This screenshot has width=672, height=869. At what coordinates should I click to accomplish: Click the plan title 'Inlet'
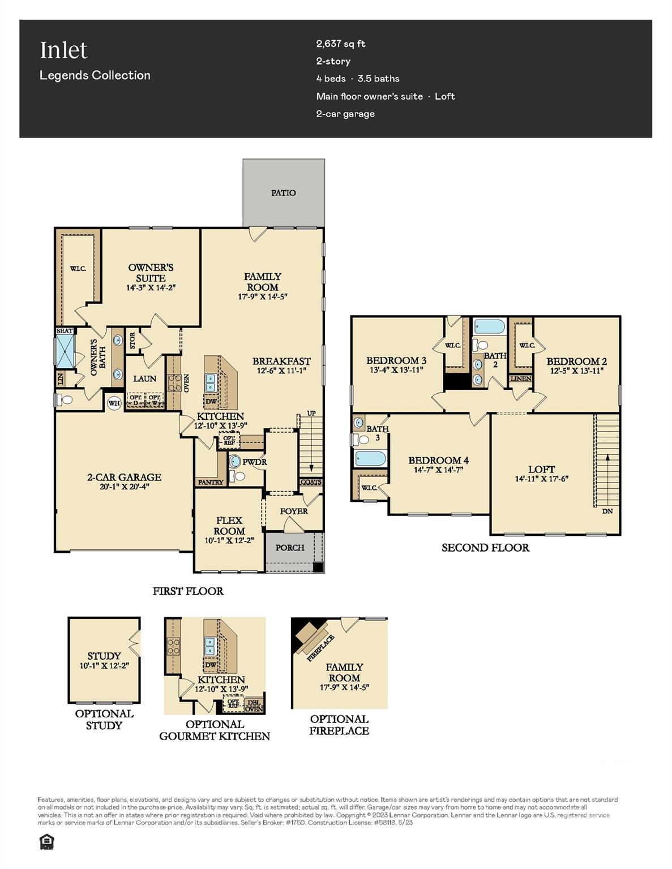63,50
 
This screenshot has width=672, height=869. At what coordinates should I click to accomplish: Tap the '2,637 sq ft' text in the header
341,44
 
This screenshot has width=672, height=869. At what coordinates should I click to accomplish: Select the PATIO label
283,193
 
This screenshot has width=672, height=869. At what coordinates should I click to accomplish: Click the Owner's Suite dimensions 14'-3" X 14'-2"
151,287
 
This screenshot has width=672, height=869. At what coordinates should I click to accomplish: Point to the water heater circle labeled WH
114,403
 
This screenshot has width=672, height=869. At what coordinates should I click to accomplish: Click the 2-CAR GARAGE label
124,477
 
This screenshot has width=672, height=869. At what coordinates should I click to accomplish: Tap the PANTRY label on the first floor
211,482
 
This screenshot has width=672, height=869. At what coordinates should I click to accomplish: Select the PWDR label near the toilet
254,462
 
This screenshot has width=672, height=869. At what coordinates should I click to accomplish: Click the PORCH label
290,548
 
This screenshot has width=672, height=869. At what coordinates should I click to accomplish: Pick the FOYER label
294,511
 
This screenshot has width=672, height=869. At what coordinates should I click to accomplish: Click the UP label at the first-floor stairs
311,414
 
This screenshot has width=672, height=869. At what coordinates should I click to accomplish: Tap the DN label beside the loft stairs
607,511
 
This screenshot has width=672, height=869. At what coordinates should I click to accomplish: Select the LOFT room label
541,469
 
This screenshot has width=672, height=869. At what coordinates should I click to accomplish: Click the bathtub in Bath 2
490,326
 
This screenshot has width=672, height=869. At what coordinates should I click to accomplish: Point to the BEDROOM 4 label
438,460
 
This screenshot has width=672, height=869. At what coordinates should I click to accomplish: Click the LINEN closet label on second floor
521,378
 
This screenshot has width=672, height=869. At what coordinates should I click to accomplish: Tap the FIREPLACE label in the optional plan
320,648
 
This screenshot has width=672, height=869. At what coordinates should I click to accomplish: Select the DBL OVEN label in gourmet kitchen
254,705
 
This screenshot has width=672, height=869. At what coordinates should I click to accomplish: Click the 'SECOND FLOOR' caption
485,548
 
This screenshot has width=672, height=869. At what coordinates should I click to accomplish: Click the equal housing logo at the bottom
46,842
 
